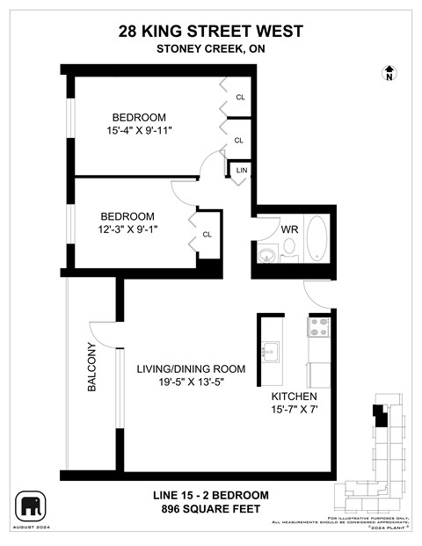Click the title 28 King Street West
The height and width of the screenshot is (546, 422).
[210, 31]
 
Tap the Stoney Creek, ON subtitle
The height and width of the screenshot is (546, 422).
[210, 48]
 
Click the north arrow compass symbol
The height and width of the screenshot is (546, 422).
[389, 74]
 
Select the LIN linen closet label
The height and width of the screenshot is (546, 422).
[241, 170]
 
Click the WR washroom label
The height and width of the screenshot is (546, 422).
[290, 229]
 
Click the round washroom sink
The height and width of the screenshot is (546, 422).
[266, 256]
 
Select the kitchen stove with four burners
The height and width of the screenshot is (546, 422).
[318, 328]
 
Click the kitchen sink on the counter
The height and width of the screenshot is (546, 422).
[270, 351]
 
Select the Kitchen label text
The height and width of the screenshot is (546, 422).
[295, 397]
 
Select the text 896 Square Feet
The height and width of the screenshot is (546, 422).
[210, 509]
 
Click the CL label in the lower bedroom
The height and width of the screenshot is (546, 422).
[207, 234]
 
